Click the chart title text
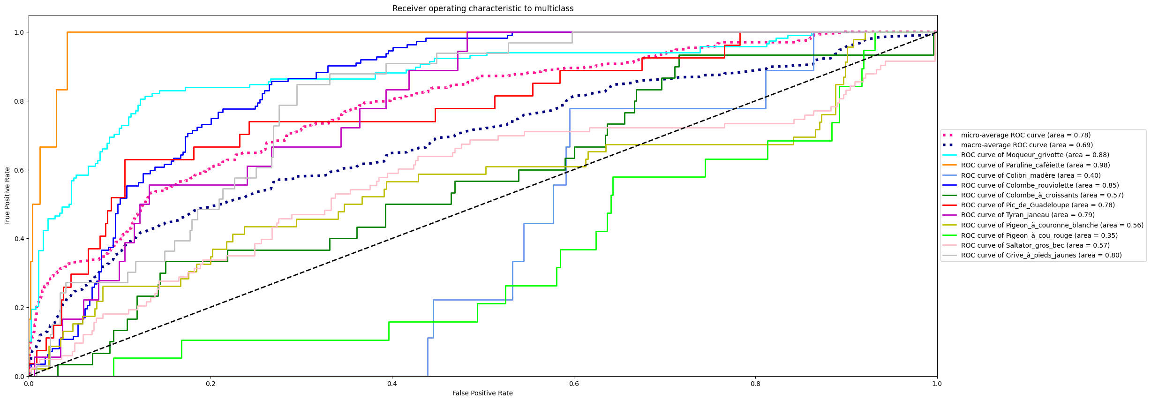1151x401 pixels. [x=483, y=8]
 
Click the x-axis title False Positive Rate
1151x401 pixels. [x=482, y=393]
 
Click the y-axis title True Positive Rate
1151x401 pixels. [x=8, y=196]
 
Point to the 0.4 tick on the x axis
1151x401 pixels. [x=392, y=383]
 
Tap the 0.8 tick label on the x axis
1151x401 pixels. [x=755, y=383]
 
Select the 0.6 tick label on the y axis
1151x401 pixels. [x=19, y=170]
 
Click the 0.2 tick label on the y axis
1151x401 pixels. [x=19, y=308]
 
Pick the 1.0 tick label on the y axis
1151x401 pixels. [x=19, y=32]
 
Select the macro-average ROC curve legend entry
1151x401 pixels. [x=1027, y=145]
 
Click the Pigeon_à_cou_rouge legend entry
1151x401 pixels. [x=1039, y=235]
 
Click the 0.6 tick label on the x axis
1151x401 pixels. [x=573, y=383]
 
